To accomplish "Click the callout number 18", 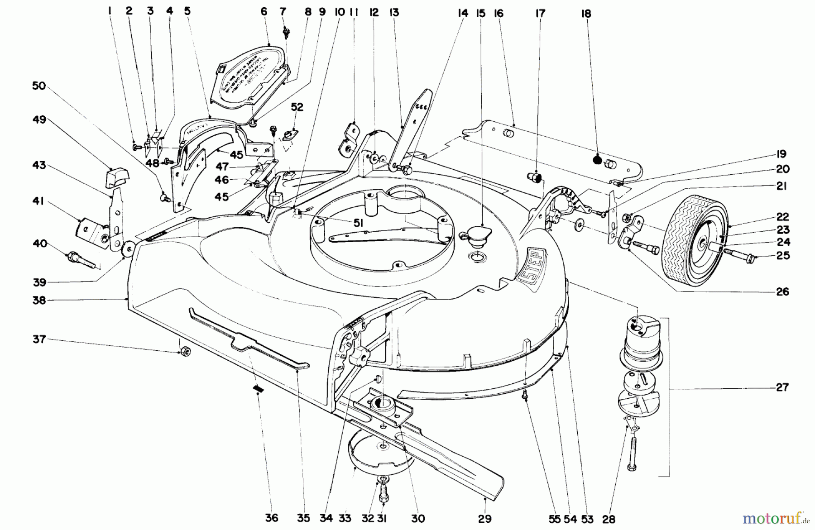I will coord(586,14).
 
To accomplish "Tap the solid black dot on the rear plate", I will coord(597,160).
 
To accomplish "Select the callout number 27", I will coord(782,387).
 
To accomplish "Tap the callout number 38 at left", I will coord(39,300).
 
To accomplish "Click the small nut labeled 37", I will coord(184,352).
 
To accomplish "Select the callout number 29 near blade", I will coord(484,519).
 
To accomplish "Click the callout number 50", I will coord(39,86).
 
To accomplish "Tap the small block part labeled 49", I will coord(117,177).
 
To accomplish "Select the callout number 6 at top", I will coord(264,12).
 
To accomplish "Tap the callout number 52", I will coord(297,107).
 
